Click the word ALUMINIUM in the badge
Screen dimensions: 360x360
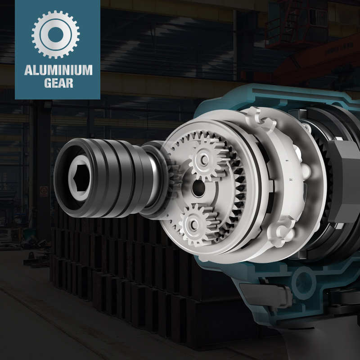pyautogui.click(x=58, y=70)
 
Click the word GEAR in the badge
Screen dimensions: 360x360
pyautogui.click(x=59, y=83)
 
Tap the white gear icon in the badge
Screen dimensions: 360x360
pyautogui.click(x=55, y=35)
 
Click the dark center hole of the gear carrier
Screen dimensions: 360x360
pyautogui.click(x=198, y=189)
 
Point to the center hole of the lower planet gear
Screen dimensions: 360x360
pyautogui.click(x=193, y=225)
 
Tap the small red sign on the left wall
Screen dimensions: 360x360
pyautogui.click(x=44, y=191)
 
